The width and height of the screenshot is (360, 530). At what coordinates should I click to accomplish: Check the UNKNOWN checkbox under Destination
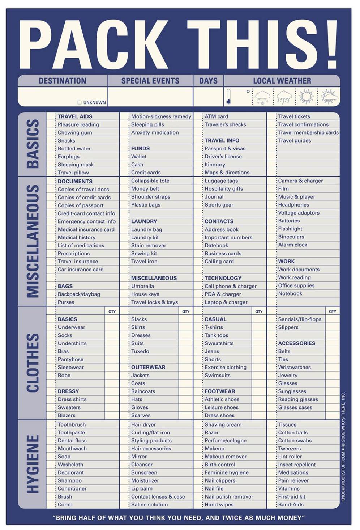80,102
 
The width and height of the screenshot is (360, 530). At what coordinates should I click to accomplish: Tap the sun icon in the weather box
307,97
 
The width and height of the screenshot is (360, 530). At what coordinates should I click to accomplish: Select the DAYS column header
208,81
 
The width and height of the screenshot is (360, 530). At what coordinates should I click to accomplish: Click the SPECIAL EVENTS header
150,81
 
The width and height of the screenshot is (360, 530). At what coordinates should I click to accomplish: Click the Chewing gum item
75,132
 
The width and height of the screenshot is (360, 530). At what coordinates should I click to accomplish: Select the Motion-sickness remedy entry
161,116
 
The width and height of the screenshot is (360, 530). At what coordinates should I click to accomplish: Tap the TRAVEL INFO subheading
222,140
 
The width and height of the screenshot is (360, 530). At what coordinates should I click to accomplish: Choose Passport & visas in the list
225,148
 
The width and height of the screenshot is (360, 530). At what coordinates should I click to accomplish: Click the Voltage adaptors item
299,213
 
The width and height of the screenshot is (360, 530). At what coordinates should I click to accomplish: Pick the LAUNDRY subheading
144,221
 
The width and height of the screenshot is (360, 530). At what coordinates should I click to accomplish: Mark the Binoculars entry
291,237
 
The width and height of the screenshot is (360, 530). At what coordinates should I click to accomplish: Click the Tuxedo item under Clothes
140,351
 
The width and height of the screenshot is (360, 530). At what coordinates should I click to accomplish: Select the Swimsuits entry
217,376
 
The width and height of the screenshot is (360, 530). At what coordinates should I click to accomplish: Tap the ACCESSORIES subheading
296,343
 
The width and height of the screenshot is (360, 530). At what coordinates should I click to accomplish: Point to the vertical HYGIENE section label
33,464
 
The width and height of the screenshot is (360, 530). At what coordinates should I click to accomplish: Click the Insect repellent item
297,465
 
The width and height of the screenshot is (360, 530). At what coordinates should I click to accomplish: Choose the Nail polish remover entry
229,497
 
